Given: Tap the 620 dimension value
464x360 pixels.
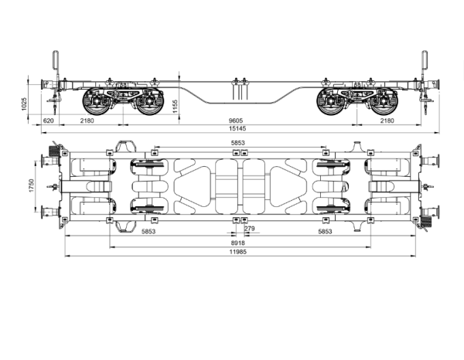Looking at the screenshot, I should click(x=48, y=121).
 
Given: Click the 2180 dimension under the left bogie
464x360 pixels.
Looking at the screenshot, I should click(x=89, y=121).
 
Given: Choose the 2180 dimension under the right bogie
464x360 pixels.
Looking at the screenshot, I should click(x=387, y=121).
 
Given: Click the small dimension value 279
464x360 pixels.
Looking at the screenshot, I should click(x=249, y=229).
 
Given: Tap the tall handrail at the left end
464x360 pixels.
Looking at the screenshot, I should click(x=55, y=65).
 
